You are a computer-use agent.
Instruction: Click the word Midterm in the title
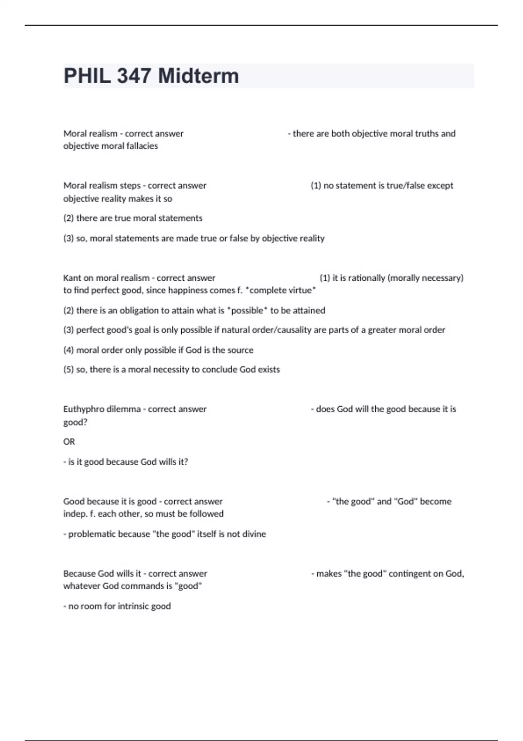coord(198,76)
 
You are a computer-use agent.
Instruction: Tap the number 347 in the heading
coord(134,76)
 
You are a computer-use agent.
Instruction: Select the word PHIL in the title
coord(87,76)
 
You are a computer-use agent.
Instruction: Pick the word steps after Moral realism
coord(130,186)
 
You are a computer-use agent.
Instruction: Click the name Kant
coord(72,278)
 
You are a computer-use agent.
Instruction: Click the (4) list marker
coord(68,350)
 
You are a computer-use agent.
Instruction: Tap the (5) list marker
coord(68,370)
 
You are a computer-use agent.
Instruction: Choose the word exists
coord(268,370)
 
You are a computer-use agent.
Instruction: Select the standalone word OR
coord(69,442)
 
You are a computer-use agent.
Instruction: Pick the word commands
coord(142,586)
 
